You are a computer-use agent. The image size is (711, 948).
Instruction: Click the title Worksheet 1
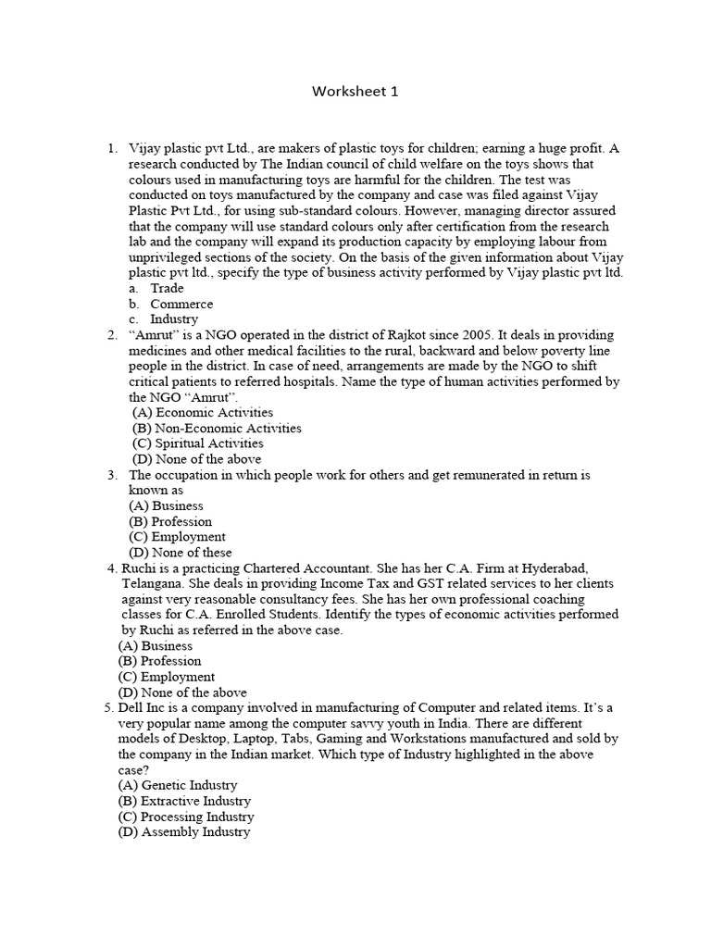click(355, 92)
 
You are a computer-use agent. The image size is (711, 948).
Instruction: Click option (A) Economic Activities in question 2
click(203, 412)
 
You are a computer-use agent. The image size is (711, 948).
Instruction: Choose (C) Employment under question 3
click(177, 536)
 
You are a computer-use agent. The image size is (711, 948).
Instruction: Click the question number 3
click(111, 474)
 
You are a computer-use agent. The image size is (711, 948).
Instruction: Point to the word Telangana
click(154, 583)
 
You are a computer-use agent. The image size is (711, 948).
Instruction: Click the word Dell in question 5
click(132, 707)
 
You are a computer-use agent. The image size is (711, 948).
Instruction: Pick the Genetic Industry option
click(178, 785)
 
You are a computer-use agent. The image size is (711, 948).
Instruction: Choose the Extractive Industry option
click(184, 801)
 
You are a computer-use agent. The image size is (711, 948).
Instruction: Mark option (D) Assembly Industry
click(184, 831)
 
